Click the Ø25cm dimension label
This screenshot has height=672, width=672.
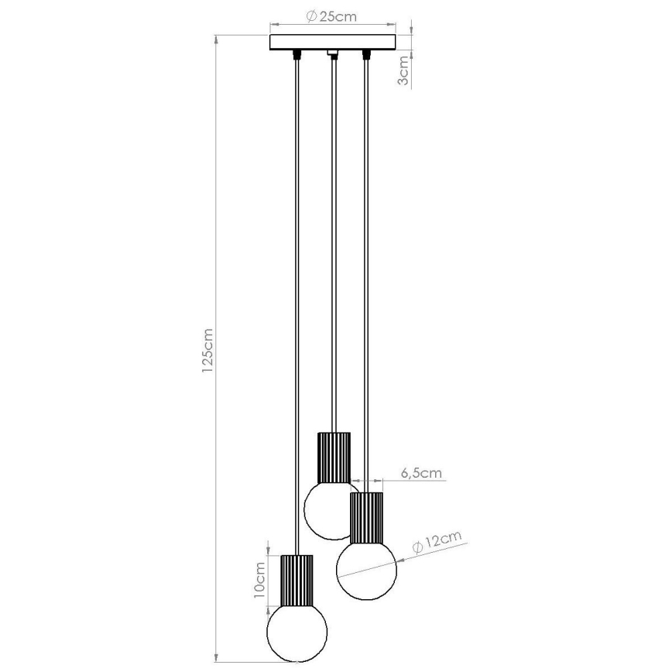(x=331, y=16)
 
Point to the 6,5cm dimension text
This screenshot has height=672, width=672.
(x=422, y=471)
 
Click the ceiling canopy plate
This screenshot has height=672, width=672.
(x=332, y=42)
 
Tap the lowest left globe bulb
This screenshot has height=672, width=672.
(x=297, y=631)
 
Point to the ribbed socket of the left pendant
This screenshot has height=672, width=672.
(x=297, y=581)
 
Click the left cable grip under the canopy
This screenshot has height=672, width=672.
(x=297, y=55)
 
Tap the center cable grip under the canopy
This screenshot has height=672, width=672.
(x=334, y=54)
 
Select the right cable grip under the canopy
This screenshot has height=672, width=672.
(x=365, y=55)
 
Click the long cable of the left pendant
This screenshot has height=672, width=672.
(x=297, y=310)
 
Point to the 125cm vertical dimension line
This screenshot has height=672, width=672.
(x=217, y=232)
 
